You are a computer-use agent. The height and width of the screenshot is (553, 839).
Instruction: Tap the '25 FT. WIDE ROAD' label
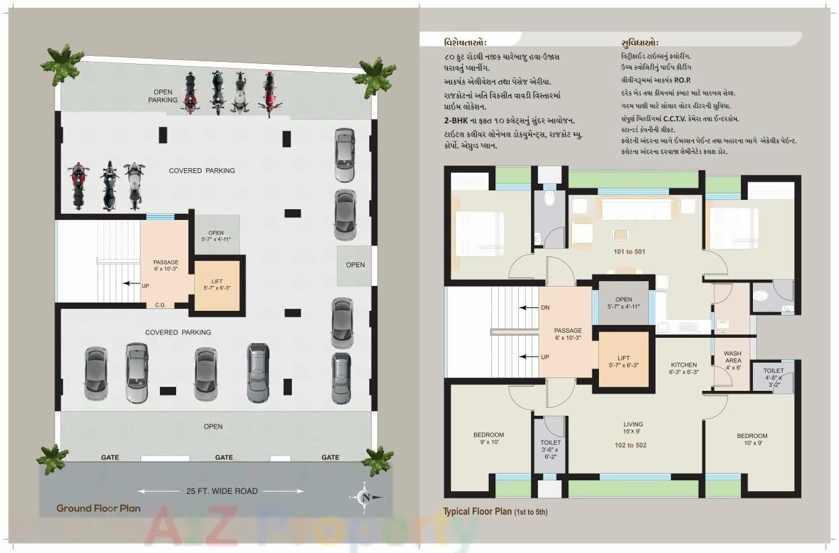222,491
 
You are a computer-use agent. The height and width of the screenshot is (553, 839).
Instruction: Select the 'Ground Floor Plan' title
98,508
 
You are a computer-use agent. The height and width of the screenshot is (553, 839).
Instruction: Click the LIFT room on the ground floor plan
216,284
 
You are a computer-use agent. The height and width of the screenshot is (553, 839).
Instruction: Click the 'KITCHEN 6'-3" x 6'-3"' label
683,368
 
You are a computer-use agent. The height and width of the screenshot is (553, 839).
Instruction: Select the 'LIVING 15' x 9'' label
633,428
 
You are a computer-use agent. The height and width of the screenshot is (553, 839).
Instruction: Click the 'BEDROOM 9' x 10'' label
488,439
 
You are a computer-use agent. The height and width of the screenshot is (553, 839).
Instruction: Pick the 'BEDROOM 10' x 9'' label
752,439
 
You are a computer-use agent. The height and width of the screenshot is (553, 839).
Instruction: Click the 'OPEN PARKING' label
163,96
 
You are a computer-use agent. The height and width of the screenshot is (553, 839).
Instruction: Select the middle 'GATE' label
224,457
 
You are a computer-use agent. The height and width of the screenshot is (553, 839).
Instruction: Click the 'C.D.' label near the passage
161,305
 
